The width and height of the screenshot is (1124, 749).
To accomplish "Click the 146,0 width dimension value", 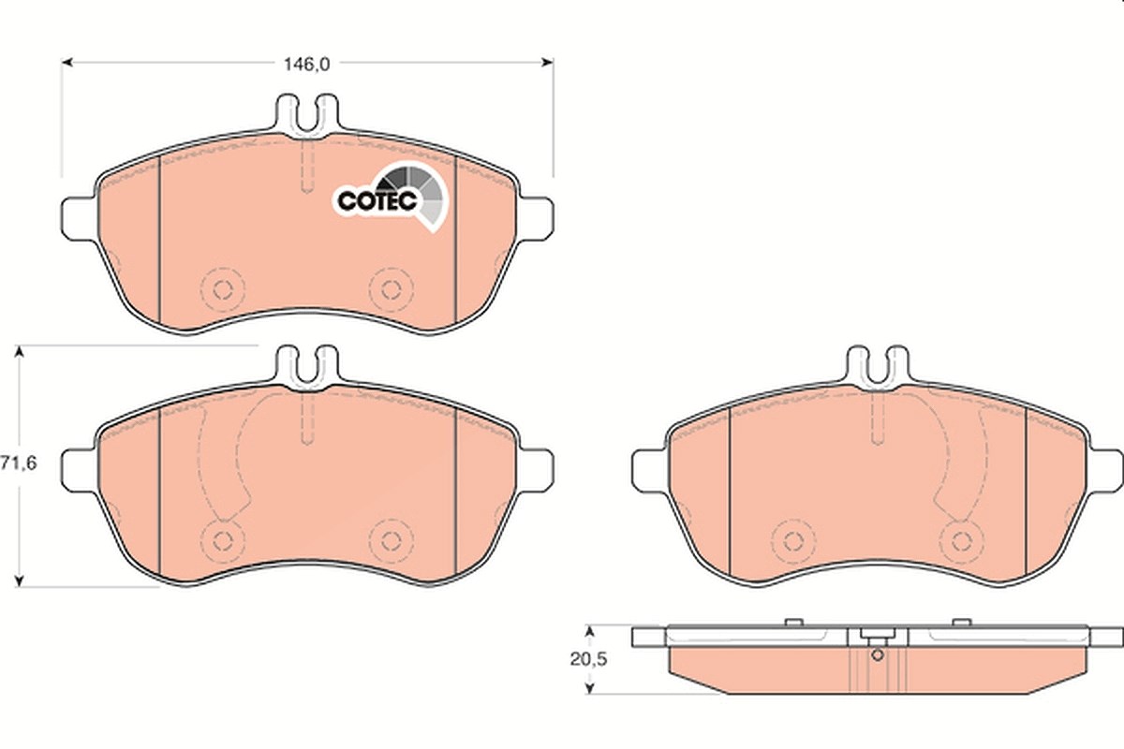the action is [x=306, y=65].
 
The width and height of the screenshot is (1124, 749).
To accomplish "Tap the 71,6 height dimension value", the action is [x=19, y=463].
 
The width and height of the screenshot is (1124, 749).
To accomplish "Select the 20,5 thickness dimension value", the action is [x=588, y=659].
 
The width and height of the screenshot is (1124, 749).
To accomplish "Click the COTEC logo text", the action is [x=377, y=201].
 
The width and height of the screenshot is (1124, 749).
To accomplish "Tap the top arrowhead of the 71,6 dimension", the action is [x=19, y=351].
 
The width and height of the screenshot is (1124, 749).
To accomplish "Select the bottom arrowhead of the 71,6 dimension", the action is [x=19, y=580].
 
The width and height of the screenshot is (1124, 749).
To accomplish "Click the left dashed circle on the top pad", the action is [x=222, y=289].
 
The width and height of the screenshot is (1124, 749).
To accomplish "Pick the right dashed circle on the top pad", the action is [x=391, y=289].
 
